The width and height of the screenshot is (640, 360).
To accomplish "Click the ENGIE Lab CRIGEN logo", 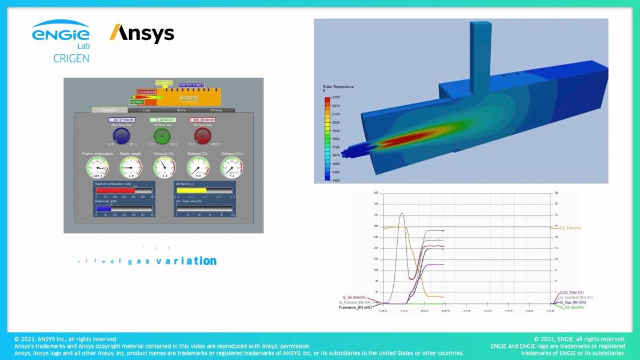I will [61, 41].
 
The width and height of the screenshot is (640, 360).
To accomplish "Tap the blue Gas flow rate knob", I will [121, 137].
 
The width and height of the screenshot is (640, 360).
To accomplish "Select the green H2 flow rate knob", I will [162, 137].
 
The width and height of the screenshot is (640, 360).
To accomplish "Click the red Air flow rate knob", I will [202, 137].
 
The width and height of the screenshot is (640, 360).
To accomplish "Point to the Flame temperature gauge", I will [97, 167].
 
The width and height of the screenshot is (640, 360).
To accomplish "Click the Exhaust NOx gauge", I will [232, 167].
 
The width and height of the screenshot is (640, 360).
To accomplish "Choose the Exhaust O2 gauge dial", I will [165, 167].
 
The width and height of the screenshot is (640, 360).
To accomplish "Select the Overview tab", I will [110, 110].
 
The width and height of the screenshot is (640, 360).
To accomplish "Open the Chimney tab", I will [216, 110].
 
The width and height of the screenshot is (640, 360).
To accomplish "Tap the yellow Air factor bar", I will [191, 191].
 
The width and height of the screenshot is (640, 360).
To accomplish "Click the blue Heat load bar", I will [103, 209].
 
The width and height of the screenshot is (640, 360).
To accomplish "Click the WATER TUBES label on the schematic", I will [191, 85].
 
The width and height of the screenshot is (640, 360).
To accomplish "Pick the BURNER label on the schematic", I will [137, 102].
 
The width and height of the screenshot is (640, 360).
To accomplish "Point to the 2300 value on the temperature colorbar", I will [336, 98].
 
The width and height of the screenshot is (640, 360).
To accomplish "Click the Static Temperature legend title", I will [338, 89].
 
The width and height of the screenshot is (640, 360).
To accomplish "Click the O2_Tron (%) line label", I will [570, 228].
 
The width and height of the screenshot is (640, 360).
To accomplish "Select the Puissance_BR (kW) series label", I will [355, 307].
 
